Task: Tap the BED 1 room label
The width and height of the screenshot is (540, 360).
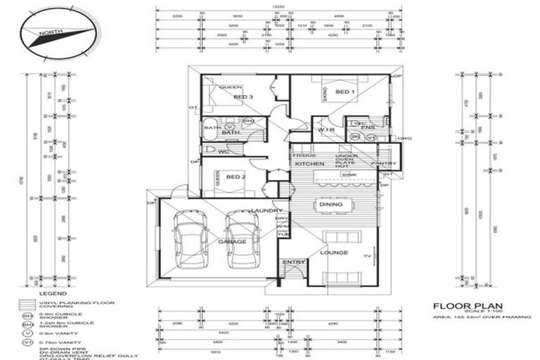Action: pos(345,92)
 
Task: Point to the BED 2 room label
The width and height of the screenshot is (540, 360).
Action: pos(235,177)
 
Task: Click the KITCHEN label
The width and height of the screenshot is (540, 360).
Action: pos(309,164)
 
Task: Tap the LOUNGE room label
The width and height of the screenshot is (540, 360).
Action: pos(334,252)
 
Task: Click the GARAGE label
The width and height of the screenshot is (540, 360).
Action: pos(231,242)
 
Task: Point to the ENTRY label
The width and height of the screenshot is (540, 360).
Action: pos(293,262)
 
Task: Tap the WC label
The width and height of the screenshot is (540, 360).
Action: pos(224,151)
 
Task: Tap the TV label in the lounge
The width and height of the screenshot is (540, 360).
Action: pos(366,256)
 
